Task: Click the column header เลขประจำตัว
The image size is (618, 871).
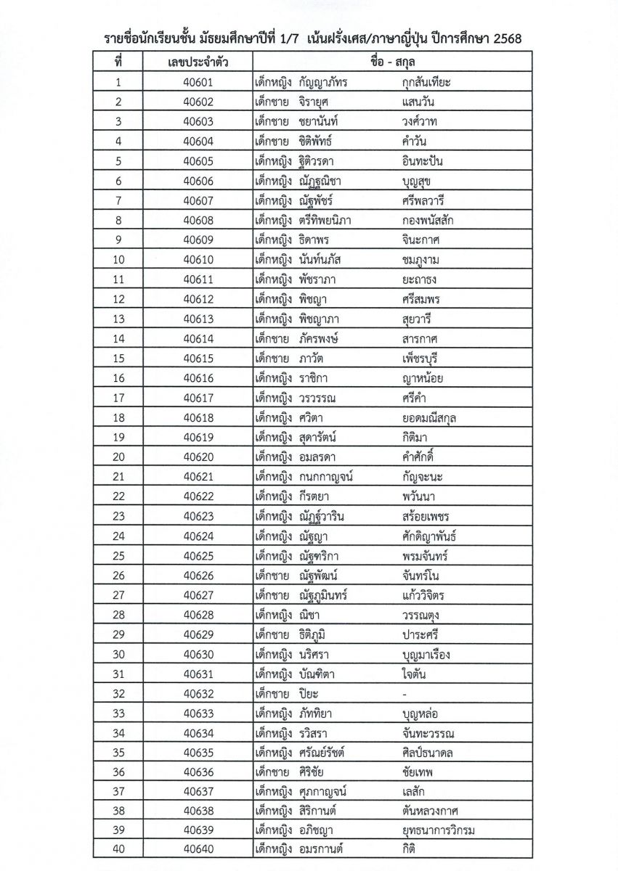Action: pyautogui.click(x=198, y=62)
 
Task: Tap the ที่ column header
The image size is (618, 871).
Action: pyautogui.click(x=118, y=62)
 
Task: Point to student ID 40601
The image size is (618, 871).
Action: pyautogui.click(x=198, y=82)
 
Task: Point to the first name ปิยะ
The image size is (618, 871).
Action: pyautogui.click(x=309, y=693)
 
